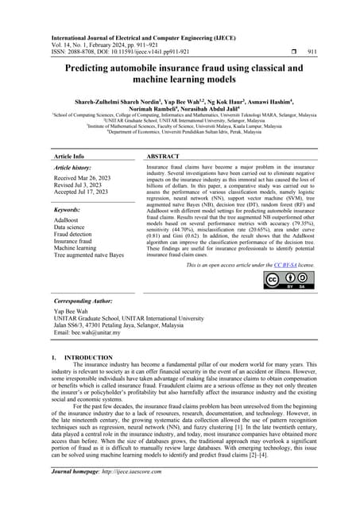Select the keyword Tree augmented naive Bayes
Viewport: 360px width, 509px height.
pyautogui.click(x=89, y=255)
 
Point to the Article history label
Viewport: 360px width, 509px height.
pyautogui.click(x=76, y=169)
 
